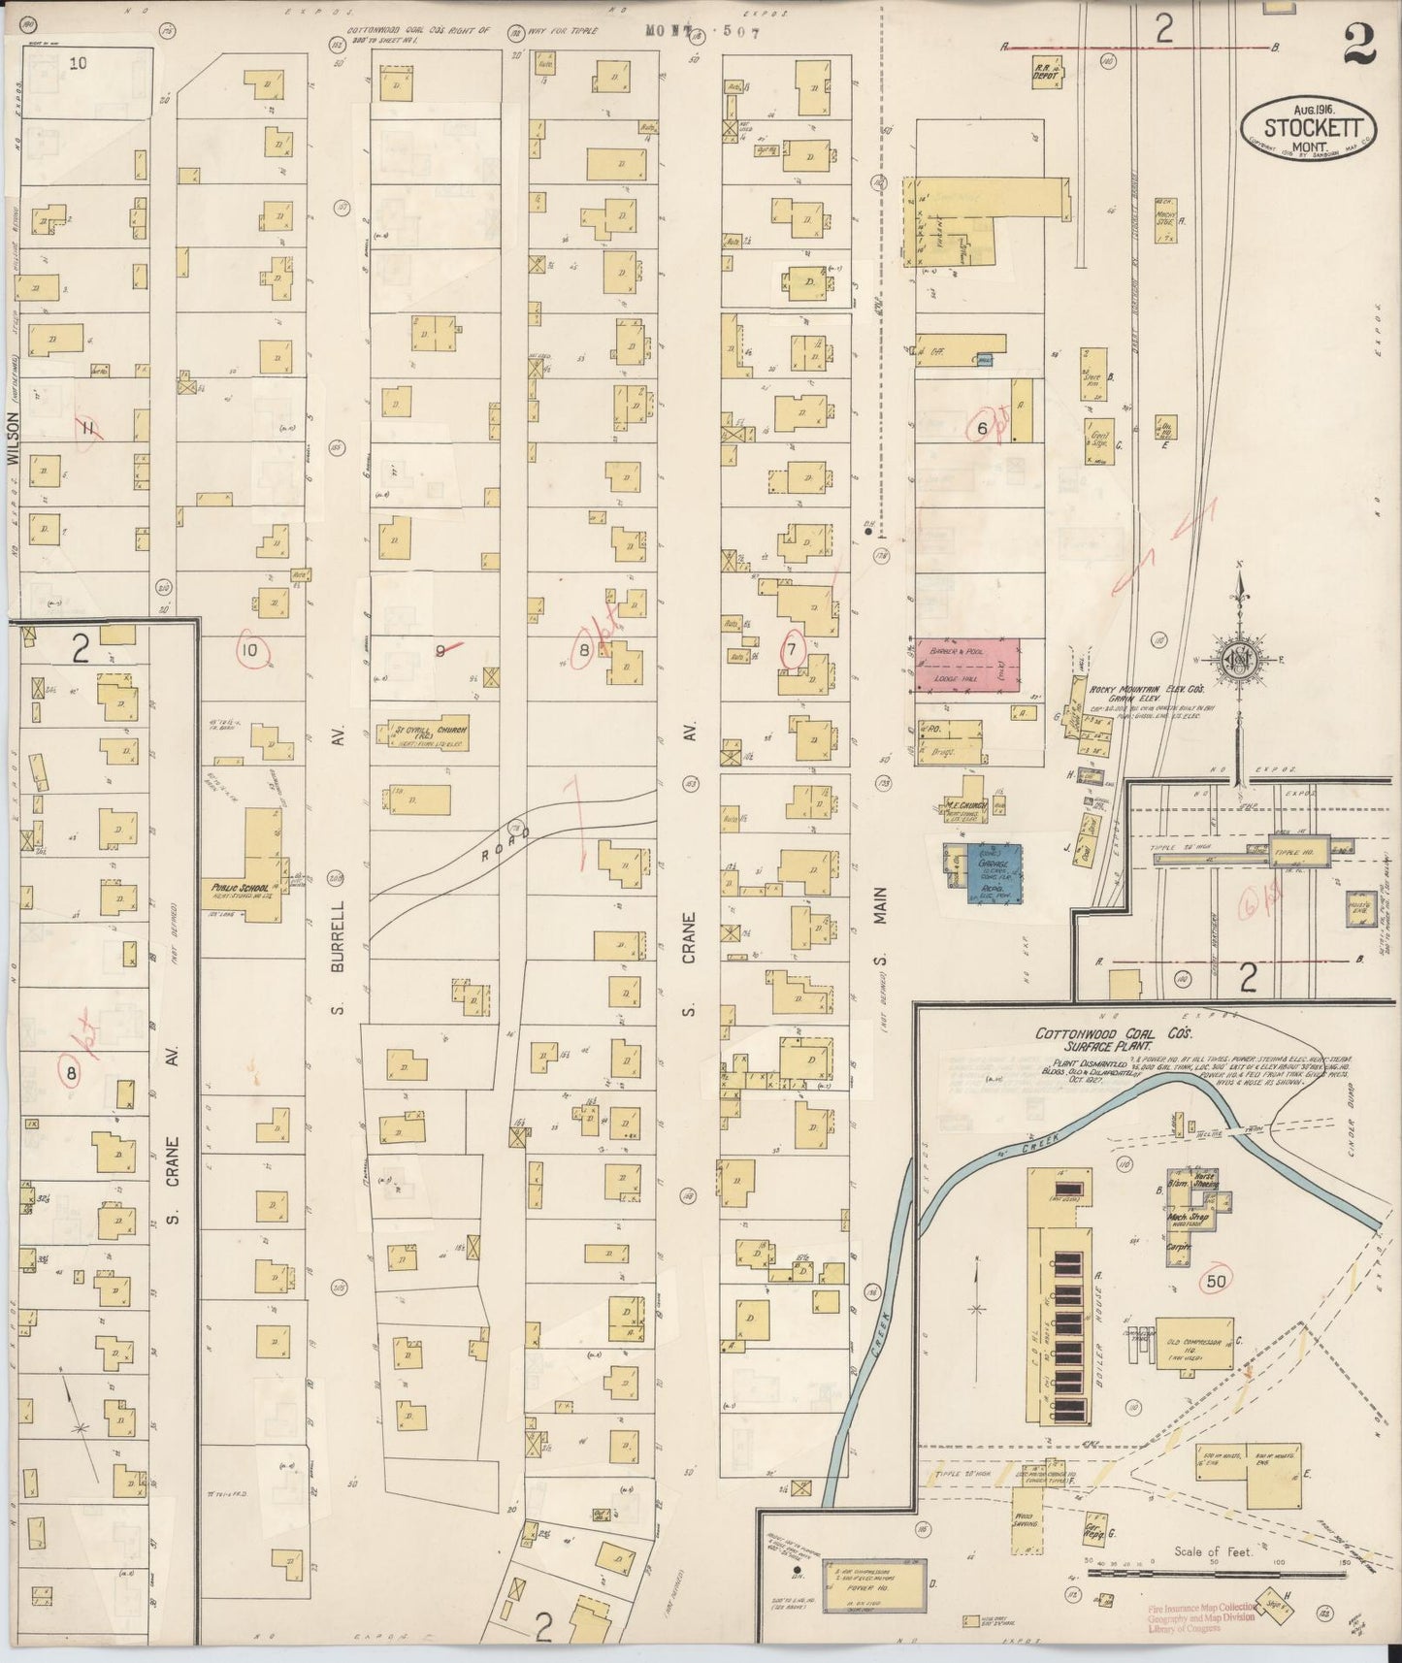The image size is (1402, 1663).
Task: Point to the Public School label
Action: coord(226,887)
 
